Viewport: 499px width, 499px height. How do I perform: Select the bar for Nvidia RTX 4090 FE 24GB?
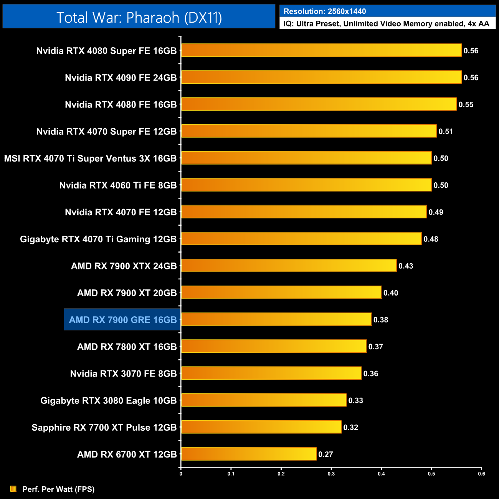pos(321,77)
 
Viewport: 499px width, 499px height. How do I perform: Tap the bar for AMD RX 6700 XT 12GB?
pos(249,454)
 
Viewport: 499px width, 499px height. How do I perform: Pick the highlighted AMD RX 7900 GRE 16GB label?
pos(122,320)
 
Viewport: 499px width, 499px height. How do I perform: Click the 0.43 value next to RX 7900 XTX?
pos(406,266)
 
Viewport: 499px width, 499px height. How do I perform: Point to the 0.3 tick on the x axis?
pos(331,474)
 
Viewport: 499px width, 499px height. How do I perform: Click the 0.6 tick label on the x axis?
pos(481,474)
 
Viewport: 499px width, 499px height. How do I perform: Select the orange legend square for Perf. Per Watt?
pos(13,489)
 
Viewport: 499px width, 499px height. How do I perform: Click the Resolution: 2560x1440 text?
pos(325,12)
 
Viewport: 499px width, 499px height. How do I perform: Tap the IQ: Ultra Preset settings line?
pos(386,24)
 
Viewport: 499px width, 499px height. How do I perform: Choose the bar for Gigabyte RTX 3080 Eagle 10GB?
pos(264,400)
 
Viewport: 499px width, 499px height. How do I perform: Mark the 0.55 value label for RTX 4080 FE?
pos(466,105)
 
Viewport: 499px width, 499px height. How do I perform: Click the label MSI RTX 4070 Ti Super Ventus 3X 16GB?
pos(90,159)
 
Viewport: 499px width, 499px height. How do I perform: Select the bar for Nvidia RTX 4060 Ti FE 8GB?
pos(306,185)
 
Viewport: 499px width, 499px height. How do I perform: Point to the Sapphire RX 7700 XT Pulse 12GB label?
pos(104,428)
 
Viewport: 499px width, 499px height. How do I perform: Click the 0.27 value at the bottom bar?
pos(326,454)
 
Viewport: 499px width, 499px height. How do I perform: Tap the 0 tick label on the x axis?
pos(181,474)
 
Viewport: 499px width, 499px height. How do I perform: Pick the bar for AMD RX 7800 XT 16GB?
pos(274,346)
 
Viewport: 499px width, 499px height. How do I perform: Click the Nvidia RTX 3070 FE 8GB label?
pos(123,374)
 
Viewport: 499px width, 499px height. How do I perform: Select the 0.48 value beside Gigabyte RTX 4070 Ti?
pos(431,239)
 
